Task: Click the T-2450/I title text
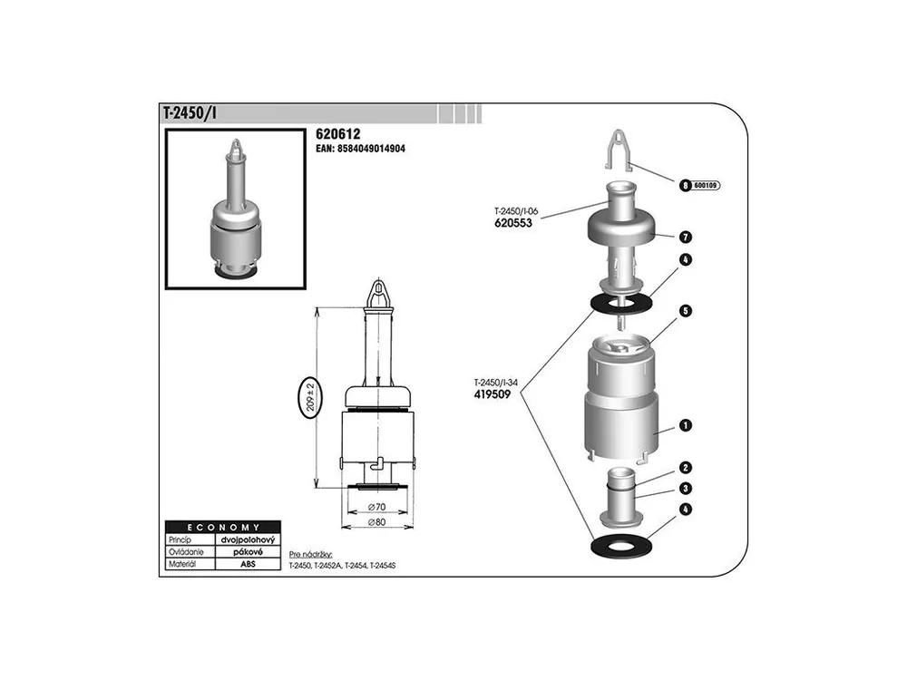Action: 190,113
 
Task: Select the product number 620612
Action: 337,134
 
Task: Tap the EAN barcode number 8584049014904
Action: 360,149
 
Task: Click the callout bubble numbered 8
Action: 686,186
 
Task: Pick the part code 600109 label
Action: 705,186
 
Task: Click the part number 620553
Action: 513,223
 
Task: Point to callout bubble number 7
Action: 686,237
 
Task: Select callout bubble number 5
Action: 686,311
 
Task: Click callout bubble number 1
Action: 686,425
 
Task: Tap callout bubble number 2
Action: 686,468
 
